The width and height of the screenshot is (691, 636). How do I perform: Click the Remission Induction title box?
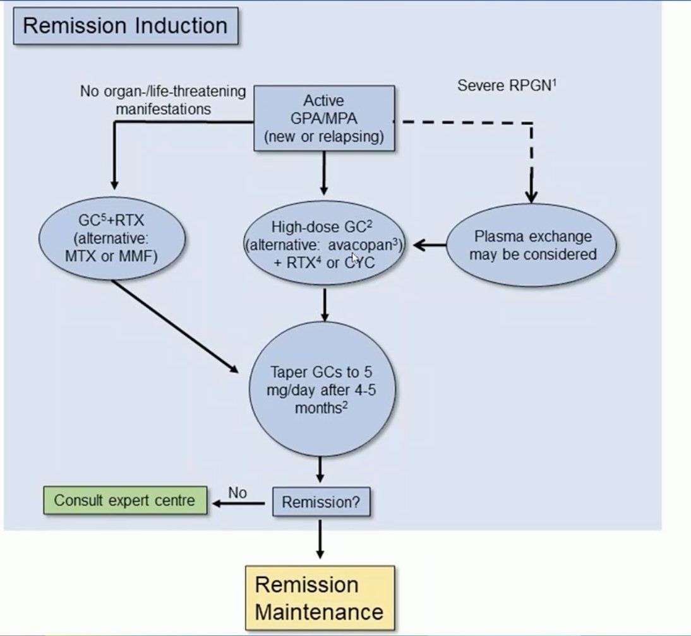124,26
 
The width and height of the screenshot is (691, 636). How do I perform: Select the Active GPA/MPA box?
324,119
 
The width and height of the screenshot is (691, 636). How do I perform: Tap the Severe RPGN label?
507,85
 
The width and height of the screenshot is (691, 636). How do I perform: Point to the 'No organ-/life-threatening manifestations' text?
162,100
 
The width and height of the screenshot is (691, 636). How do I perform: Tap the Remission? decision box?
320,502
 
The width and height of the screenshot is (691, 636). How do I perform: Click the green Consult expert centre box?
124,500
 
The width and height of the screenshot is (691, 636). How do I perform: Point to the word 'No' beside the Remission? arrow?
237,493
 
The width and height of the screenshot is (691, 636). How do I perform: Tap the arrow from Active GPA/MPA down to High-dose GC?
324,174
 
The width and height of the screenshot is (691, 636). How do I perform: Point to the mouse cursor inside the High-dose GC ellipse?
355,259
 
